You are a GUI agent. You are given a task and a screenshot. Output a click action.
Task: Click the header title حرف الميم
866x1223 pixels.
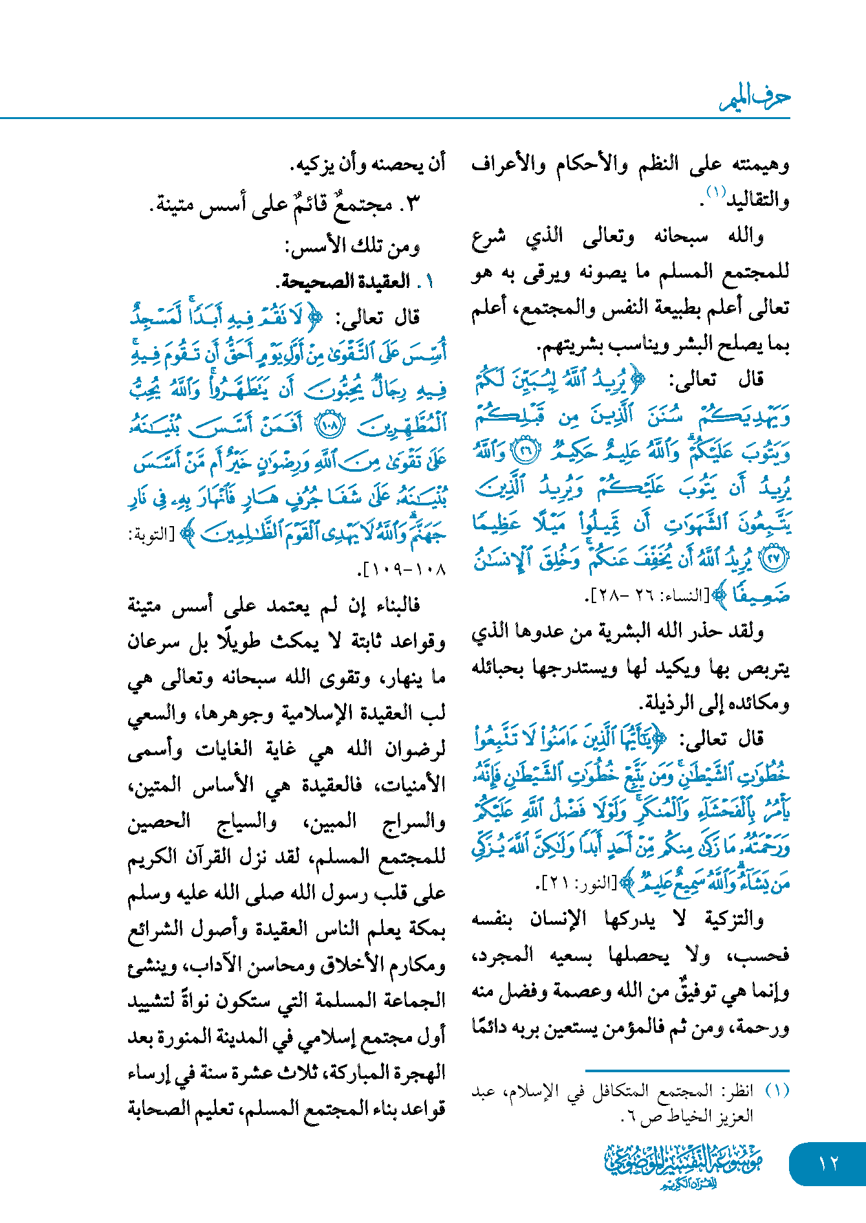pos(755,98)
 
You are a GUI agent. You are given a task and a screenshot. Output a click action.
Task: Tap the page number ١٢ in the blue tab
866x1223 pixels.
pos(828,1163)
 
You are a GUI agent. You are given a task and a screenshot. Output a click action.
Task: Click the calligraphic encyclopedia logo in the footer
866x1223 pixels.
pos(684,1165)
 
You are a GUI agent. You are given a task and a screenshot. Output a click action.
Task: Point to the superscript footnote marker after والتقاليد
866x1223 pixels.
pos(717,192)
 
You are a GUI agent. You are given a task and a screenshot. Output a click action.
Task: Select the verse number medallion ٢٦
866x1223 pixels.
pos(526,452)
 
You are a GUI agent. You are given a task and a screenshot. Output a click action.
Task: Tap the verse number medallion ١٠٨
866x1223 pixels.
pos(329,425)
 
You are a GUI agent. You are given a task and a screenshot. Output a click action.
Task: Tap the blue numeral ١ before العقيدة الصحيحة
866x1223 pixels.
pos(428,282)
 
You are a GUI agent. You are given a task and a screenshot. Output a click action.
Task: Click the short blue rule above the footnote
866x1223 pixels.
pos(687,1071)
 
